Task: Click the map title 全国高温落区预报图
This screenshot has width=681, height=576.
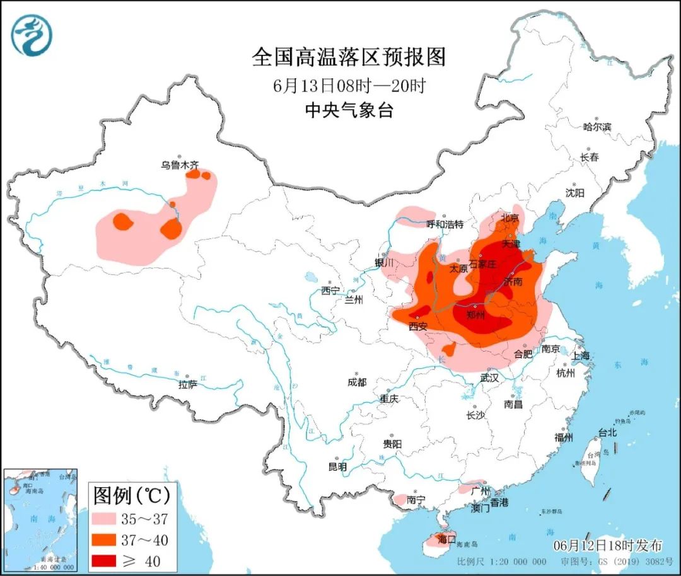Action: (x=349, y=57)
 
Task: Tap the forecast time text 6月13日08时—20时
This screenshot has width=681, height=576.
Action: (x=349, y=86)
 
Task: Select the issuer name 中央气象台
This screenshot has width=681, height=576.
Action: (x=349, y=111)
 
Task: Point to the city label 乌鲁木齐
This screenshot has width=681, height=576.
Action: (x=179, y=165)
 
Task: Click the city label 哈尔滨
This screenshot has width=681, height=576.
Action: (x=597, y=127)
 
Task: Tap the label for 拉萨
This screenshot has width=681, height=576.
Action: (x=188, y=384)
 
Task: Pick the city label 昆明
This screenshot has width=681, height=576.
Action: (x=337, y=467)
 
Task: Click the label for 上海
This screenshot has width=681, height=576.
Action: (x=581, y=355)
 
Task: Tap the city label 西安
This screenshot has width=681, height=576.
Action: (x=417, y=326)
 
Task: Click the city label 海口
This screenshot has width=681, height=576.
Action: (x=446, y=539)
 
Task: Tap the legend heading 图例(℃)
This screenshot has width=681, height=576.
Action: (x=131, y=496)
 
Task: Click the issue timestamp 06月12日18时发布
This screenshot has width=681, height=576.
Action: (x=608, y=544)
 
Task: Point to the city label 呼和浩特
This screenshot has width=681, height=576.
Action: (x=445, y=224)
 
